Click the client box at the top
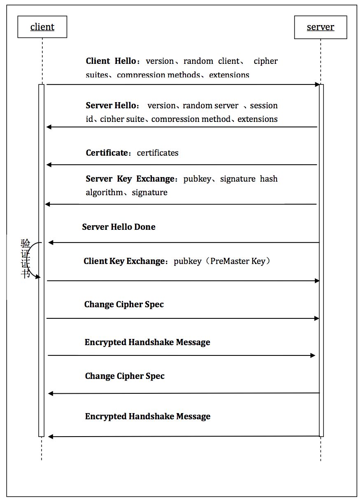click(x=42, y=27)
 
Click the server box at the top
click(x=321, y=27)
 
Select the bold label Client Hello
click(x=110, y=61)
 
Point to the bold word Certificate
click(x=107, y=153)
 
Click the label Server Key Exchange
click(x=130, y=179)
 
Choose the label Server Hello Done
click(x=119, y=227)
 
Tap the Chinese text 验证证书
click(x=26, y=259)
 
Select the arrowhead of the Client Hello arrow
click(x=317, y=84)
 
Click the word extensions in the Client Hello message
click(x=229, y=75)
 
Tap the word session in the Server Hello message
click(x=264, y=105)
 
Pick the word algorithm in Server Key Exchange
click(x=104, y=192)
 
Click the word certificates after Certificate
click(x=158, y=153)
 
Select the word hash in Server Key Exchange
click(x=269, y=179)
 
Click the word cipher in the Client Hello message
click(x=265, y=61)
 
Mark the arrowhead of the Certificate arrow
click(x=49, y=165)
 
